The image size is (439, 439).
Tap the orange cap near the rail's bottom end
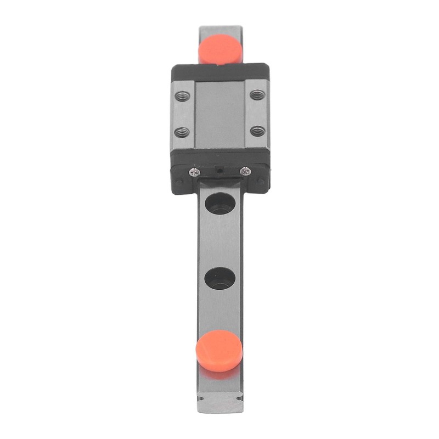(x=219, y=351)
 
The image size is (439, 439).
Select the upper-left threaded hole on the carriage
(x=183, y=96)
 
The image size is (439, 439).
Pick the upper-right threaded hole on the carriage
(x=257, y=95)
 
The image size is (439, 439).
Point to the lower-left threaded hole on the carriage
(x=182, y=132)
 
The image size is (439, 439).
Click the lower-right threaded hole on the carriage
(x=257, y=131)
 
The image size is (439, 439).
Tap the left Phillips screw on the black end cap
(x=193, y=172)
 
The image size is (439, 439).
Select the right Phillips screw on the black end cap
(x=245, y=171)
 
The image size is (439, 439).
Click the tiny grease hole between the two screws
(x=219, y=171)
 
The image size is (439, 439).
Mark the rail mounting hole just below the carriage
(x=219, y=203)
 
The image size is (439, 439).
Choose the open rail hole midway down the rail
(x=219, y=278)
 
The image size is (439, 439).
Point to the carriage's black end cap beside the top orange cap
(x=219, y=72)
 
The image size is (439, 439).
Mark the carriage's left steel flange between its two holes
(x=183, y=114)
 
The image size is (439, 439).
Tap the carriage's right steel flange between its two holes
(x=257, y=113)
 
